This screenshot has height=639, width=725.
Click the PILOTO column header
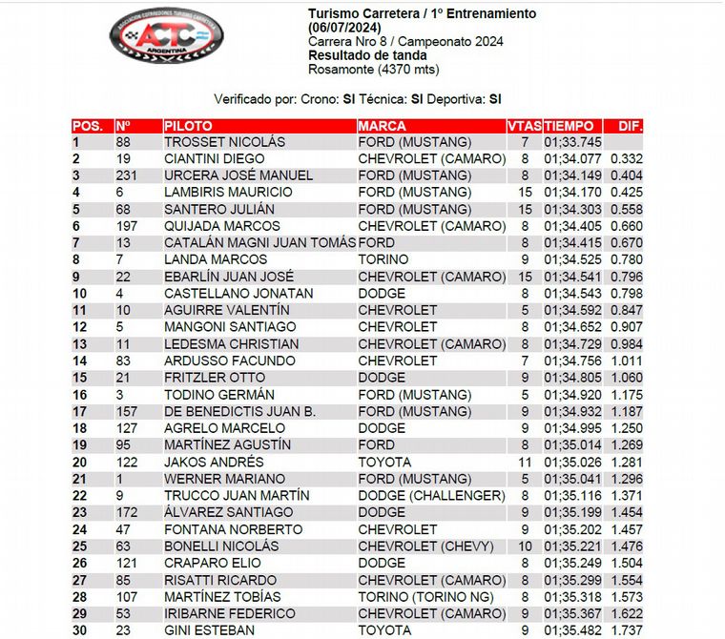coord(189,126)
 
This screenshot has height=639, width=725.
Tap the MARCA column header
coord(383,126)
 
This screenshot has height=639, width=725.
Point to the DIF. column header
coord(631,126)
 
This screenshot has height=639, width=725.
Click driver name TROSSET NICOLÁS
coord(224,142)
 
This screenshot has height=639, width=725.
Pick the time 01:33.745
coord(573,142)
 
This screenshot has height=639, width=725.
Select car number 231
coord(127,175)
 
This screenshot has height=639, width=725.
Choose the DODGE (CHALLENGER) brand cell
coord(431,495)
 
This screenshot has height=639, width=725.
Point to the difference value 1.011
coord(627,361)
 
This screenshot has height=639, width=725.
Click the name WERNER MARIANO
coord(224,479)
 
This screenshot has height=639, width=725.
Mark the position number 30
coord(82,629)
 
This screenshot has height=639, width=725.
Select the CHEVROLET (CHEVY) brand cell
coord(425,546)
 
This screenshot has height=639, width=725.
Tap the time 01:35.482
coord(573,629)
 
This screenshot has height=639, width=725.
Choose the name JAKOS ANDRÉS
coord(215,462)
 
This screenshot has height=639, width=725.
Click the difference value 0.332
coord(627,158)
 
